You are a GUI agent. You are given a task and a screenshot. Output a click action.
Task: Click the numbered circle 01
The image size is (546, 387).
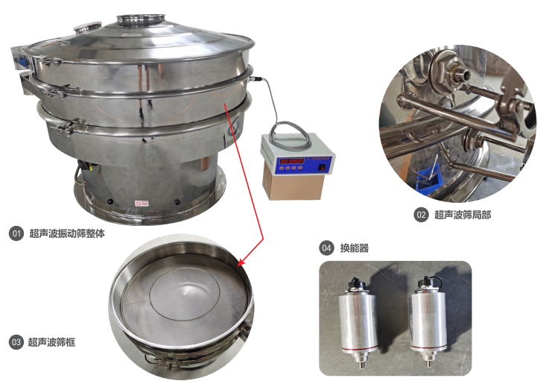[x=16, y=233]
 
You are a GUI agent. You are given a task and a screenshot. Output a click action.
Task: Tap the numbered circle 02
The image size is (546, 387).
[x=421, y=215]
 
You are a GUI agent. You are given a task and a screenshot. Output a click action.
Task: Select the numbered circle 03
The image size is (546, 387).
[x=16, y=342]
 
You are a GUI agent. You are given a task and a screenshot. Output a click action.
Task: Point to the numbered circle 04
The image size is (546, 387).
[x=326, y=248]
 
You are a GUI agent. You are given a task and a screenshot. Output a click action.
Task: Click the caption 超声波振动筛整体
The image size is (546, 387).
[x=67, y=233]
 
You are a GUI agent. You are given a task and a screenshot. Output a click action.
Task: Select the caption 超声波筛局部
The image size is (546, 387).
[x=463, y=215]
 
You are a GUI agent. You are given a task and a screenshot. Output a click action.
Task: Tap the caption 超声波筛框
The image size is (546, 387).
[x=51, y=342]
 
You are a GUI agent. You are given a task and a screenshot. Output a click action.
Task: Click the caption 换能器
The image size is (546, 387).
[x=354, y=248]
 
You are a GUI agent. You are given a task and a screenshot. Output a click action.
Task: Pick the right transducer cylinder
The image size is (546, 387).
[x=428, y=321]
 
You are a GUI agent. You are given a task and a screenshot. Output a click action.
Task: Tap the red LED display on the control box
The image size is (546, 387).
[x=292, y=161]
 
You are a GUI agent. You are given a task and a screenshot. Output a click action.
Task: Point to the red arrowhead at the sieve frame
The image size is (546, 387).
[x=242, y=262]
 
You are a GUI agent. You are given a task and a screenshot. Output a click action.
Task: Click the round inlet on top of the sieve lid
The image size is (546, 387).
[x=141, y=19]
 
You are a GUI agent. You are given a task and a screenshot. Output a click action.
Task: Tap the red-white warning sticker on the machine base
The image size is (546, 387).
[x=142, y=204]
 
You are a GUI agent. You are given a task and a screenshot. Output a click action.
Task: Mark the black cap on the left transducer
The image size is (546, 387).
[x=355, y=283]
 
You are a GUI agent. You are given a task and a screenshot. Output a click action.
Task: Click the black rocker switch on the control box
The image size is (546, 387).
[x=323, y=168]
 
